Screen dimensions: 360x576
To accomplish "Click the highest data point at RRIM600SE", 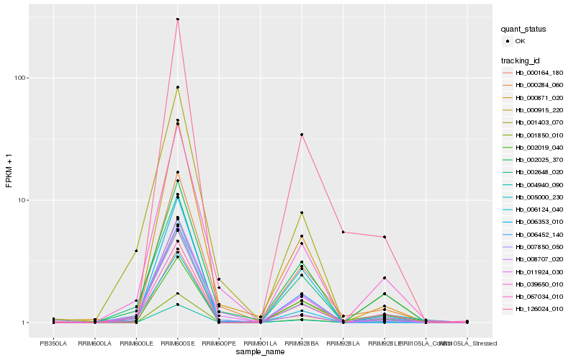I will click(x=178, y=19).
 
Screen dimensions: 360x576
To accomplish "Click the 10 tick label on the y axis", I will click(x=24, y=200).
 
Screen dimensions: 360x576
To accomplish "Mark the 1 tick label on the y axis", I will click(x=26, y=323).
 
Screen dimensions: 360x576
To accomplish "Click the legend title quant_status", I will click(x=523, y=30).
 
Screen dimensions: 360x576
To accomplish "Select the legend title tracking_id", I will click(x=520, y=60).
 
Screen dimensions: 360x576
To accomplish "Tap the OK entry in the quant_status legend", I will click(x=520, y=41).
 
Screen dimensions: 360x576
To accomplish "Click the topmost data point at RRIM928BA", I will click(x=302, y=135).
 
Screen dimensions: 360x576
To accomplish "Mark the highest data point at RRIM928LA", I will click(x=343, y=232).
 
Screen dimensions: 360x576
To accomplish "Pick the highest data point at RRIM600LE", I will click(x=136, y=251).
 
